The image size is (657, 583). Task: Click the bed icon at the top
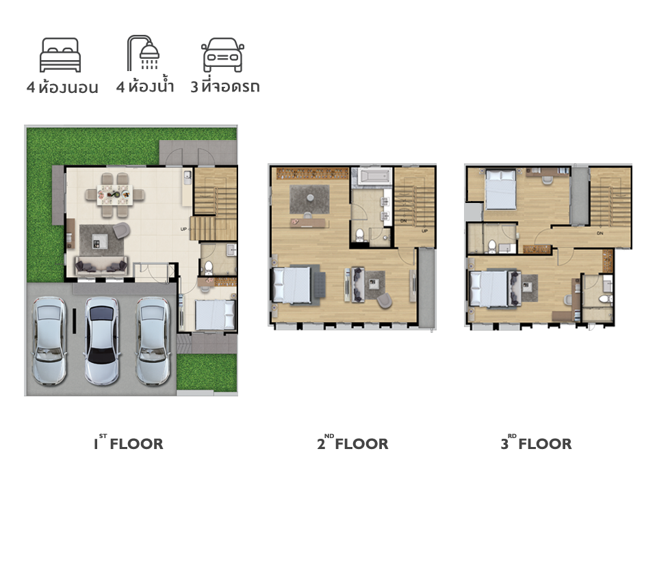click(60, 55)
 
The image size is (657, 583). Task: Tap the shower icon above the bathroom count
click(143, 53)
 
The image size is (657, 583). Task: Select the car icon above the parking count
click(222, 55)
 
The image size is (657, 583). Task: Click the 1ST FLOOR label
click(128, 443)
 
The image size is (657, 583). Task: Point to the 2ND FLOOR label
click(353, 443)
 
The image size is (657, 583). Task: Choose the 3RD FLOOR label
click(537, 443)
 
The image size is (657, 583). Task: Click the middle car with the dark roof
click(102, 340)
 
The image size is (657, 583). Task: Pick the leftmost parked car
click(50, 340)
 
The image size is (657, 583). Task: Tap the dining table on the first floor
click(115, 195)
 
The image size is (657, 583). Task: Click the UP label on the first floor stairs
click(183, 230)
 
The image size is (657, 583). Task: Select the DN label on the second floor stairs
click(404, 221)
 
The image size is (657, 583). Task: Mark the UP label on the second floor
click(424, 231)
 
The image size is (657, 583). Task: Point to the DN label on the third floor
click(600, 233)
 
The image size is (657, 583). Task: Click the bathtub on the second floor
click(376, 176)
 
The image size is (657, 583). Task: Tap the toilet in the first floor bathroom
click(208, 267)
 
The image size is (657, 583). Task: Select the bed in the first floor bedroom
click(215, 314)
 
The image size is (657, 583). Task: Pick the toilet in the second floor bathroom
click(359, 235)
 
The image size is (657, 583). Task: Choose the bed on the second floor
click(292, 284)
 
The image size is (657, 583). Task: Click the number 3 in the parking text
click(194, 87)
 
